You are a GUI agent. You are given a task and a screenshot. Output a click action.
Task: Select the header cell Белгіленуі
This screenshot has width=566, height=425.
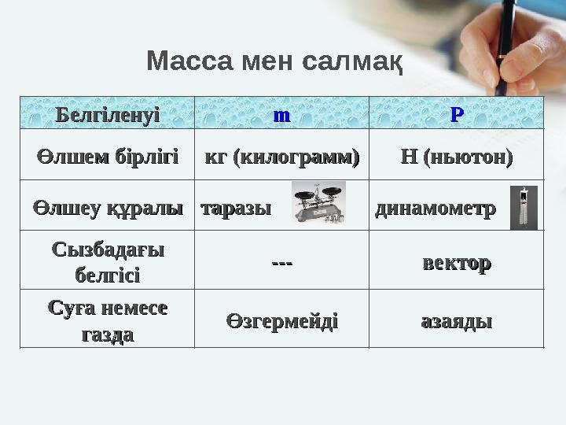point(107,115)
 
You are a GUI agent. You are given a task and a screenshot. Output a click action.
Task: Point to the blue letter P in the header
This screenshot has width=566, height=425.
point(456,115)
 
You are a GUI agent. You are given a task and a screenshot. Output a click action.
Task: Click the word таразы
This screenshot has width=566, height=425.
point(236,209)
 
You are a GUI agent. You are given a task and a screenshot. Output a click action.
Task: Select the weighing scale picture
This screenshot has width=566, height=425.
point(318,203)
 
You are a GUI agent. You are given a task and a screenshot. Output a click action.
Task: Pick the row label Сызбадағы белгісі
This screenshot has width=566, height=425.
point(107,263)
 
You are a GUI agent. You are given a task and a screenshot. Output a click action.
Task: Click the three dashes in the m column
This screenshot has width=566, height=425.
point(281,263)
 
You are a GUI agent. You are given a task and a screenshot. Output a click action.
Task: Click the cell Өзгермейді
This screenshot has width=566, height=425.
point(281,320)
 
